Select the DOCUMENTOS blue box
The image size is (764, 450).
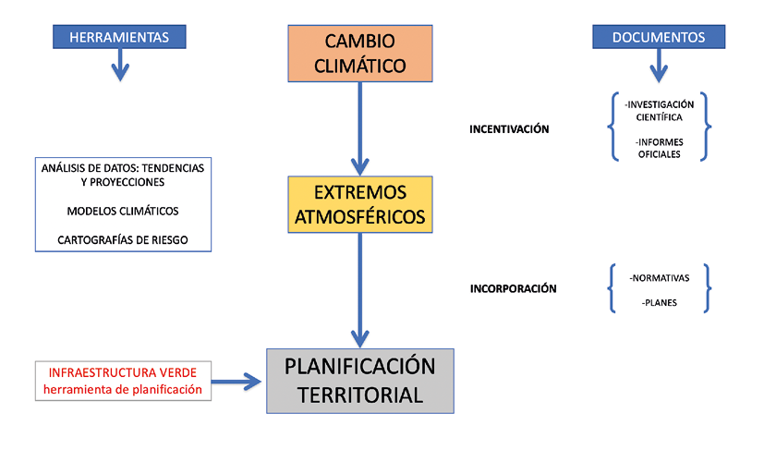click(658, 37)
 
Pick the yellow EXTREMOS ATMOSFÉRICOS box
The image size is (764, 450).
click(359, 205)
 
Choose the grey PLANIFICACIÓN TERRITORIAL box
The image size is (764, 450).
click(359, 381)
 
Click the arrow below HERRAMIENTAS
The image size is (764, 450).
click(119, 67)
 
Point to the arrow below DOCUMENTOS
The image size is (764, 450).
click(658, 67)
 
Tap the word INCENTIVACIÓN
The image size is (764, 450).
click(509, 129)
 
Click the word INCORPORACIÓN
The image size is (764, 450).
click(514, 288)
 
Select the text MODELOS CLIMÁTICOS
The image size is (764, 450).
click(123, 211)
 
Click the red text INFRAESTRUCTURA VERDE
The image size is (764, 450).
click(123, 372)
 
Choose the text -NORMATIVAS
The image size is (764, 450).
click(659, 277)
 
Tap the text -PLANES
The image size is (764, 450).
click(659, 301)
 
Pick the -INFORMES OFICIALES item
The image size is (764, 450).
click(659, 148)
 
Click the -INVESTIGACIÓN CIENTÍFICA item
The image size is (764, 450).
click(659, 111)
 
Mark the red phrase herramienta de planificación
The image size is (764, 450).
click(123, 389)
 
